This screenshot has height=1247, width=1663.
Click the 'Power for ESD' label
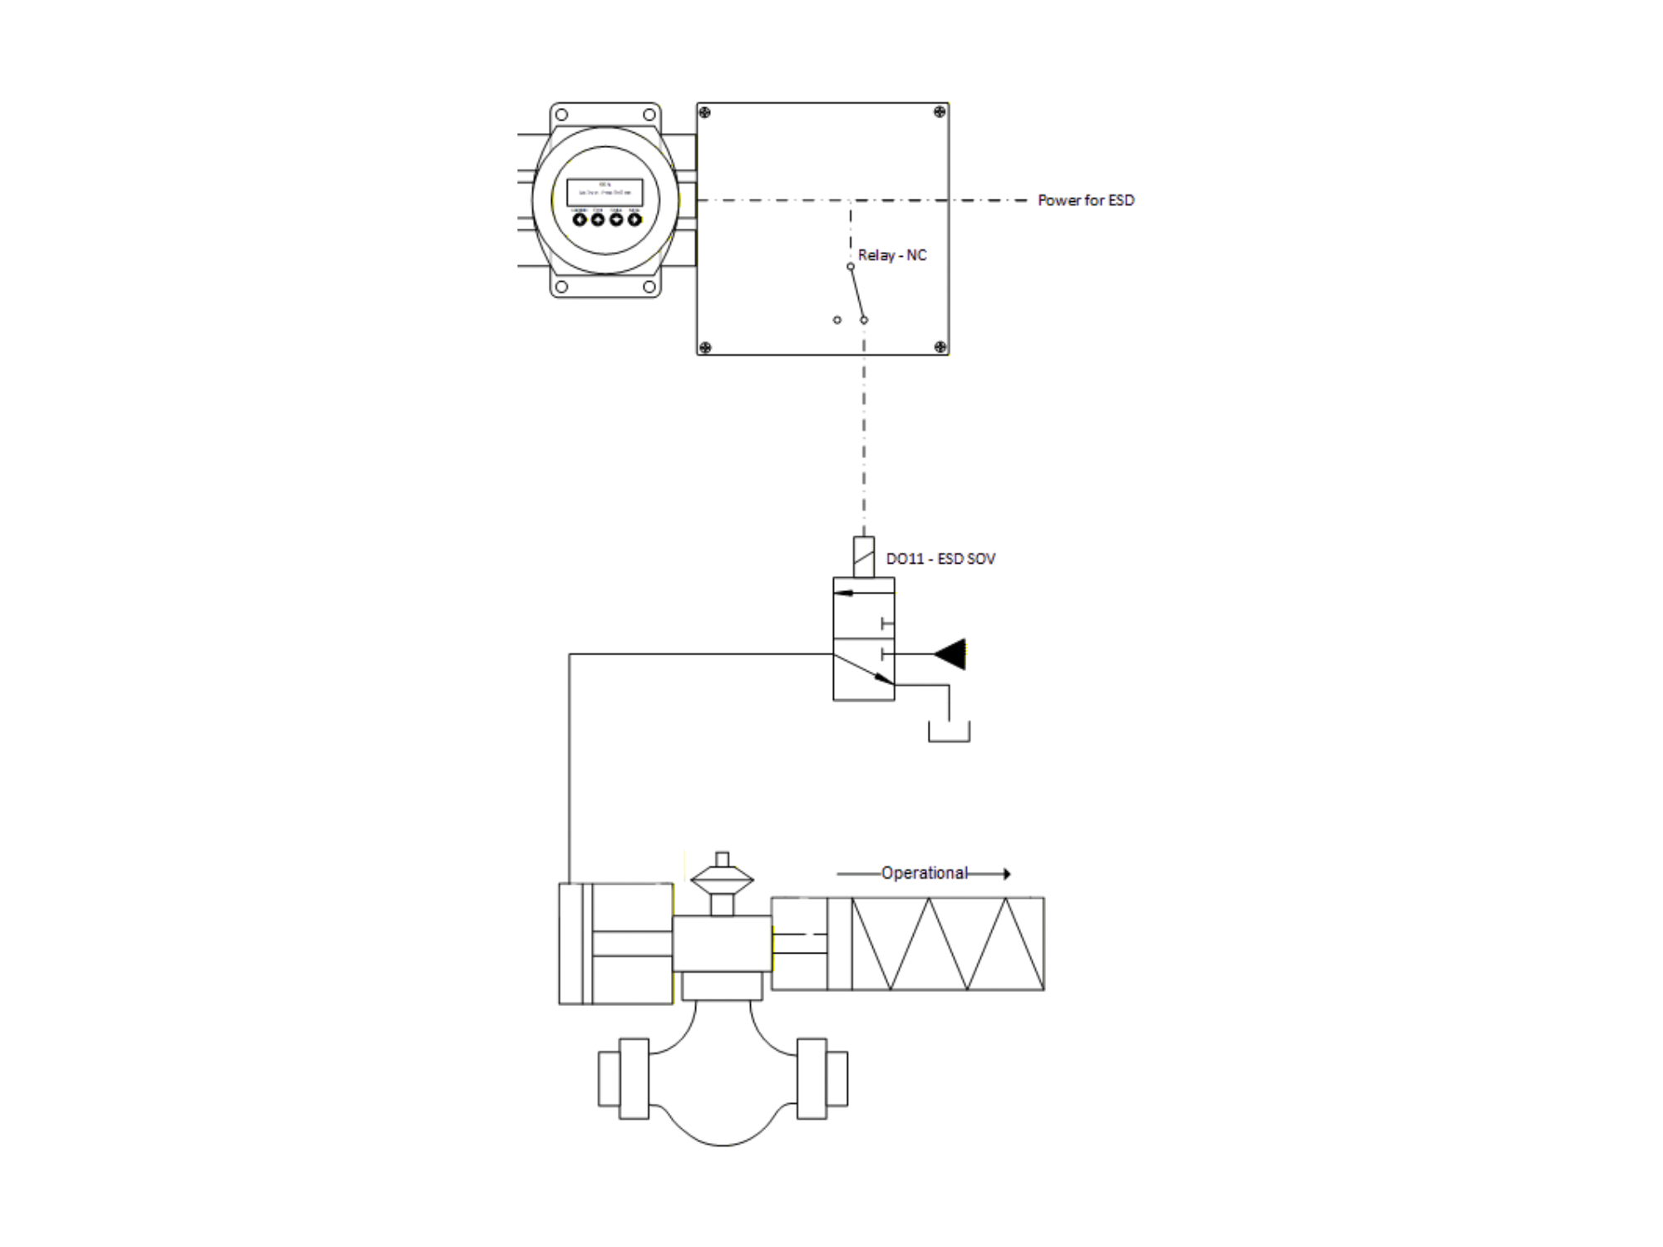point(1085,200)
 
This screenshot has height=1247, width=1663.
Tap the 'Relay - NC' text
point(892,255)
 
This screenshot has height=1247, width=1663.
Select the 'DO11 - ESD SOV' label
point(940,559)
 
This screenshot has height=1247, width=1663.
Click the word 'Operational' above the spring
point(924,873)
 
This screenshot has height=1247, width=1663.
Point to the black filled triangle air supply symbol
point(951,654)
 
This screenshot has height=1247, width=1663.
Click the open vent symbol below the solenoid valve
point(949,732)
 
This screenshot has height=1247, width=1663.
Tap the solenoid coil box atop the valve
point(864,557)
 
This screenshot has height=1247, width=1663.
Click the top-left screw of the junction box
point(705,112)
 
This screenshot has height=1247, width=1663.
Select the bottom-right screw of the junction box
point(940,347)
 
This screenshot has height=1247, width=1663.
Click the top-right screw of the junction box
point(940,112)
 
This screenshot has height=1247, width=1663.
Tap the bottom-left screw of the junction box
point(705,347)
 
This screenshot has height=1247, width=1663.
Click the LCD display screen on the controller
point(605,192)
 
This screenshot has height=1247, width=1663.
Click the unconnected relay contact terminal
point(837,320)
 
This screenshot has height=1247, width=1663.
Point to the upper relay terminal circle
point(851,267)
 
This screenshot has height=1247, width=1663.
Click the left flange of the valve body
point(623,1078)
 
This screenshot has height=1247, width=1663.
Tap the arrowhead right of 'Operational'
point(1006,874)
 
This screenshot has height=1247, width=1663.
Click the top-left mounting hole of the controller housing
point(561,115)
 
